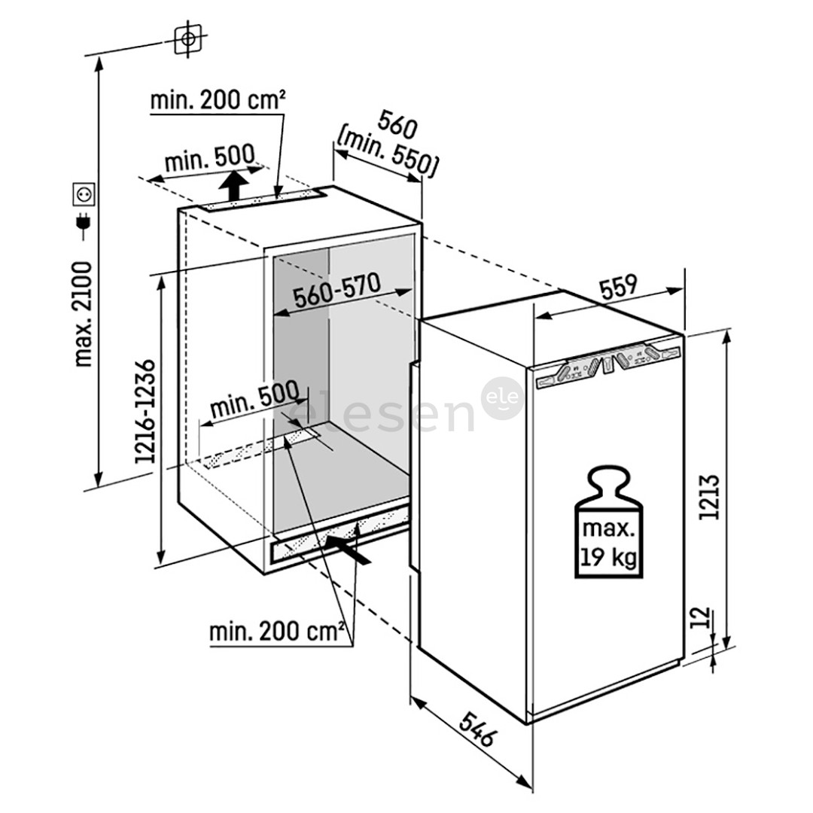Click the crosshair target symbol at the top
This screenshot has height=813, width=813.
tap(188, 38)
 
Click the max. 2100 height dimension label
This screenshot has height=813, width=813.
tap(84, 314)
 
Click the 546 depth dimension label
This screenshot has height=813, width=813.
tap(476, 727)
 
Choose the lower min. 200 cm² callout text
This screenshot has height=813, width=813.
tap(277, 631)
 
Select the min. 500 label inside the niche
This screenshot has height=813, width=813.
tap(254, 406)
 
